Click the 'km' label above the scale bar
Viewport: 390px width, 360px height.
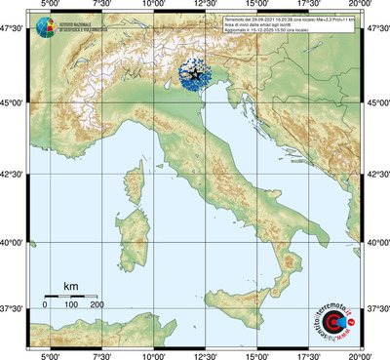click(x=70, y=286)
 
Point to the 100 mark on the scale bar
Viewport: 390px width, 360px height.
click(x=70, y=304)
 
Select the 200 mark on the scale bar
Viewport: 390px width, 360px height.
click(x=97, y=304)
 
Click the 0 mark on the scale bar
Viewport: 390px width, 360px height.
click(x=45, y=304)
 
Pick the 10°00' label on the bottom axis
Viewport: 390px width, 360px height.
click(x=154, y=355)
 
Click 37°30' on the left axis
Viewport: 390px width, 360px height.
click(x=15, y=308)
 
